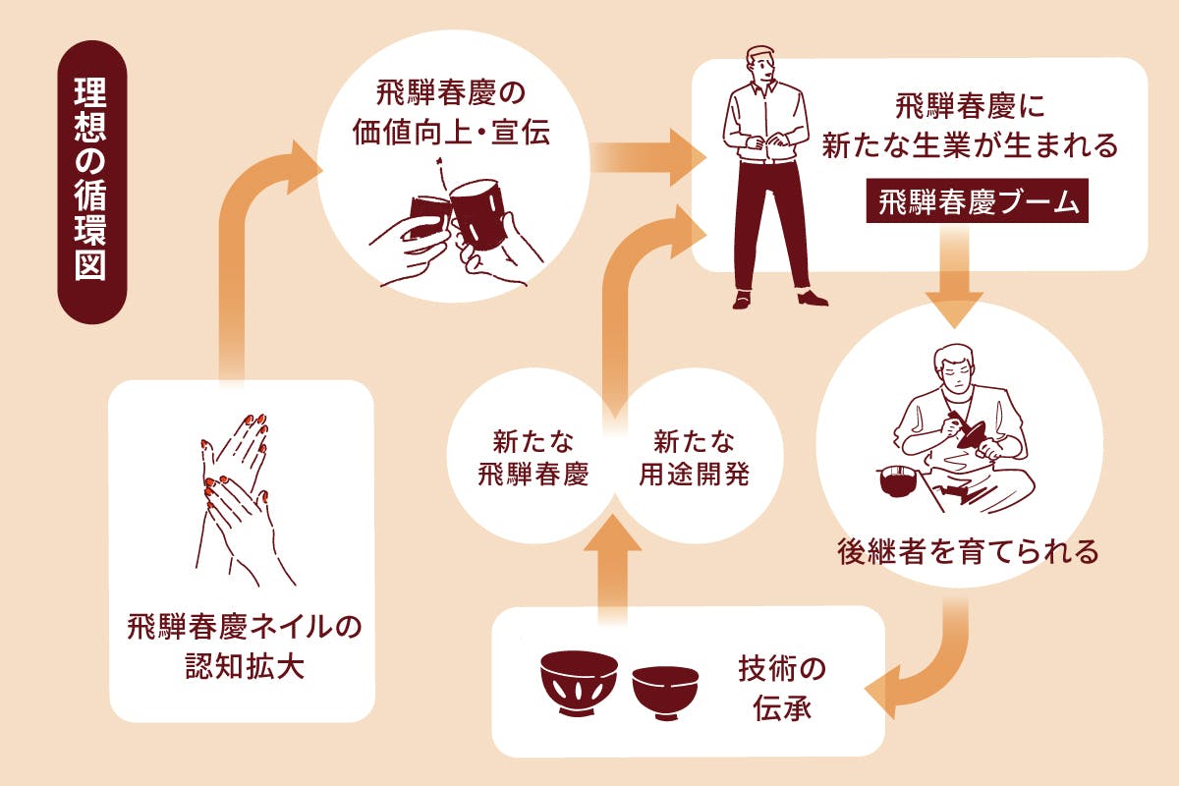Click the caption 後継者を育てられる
pyautogui.click(x=967, y=550)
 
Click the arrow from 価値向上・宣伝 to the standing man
pyautogui.click(x=648, y=158)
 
